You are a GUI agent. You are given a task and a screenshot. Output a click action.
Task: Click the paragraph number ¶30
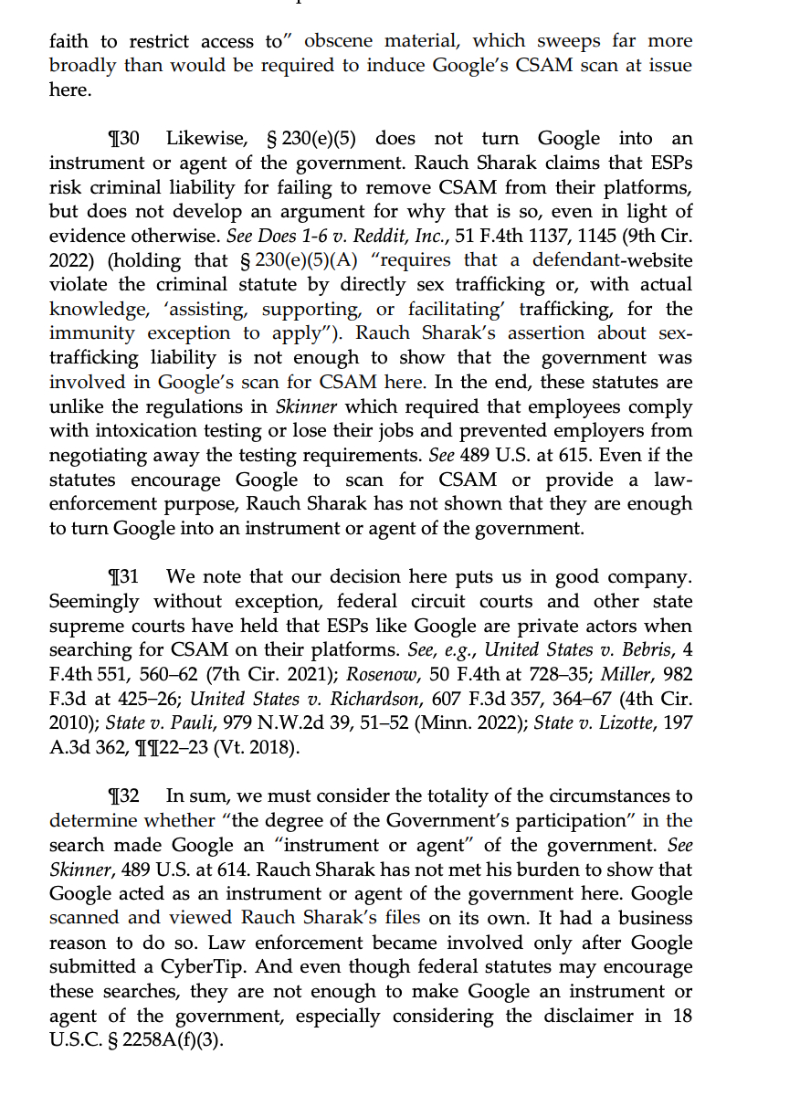point(123,139)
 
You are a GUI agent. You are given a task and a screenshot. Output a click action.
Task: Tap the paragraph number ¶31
point(123,577)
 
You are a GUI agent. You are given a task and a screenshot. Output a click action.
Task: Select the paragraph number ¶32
point(123,796)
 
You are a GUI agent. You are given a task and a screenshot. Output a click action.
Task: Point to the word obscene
point(338,41)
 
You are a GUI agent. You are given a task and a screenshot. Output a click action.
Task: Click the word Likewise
point(205,139)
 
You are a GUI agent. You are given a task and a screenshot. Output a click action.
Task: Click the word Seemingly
point(94,602)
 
